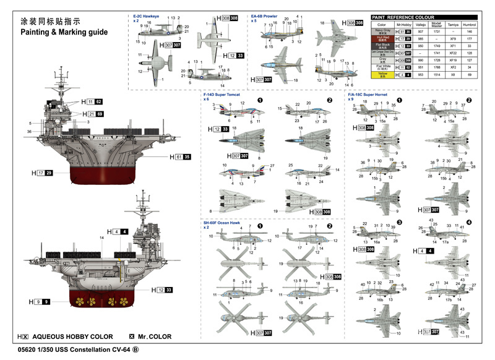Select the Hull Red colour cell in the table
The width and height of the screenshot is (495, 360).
pos(382,38)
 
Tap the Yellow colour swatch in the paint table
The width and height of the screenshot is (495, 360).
pos(382,74)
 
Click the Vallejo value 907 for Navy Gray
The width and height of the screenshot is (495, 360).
pos(420,31)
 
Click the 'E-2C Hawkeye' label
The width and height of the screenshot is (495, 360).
pos(146,16)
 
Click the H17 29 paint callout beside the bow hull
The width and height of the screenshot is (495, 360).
pos(44,173)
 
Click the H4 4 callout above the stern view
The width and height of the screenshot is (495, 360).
pos(118,231)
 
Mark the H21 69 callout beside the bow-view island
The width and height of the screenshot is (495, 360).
pos(90,114)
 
